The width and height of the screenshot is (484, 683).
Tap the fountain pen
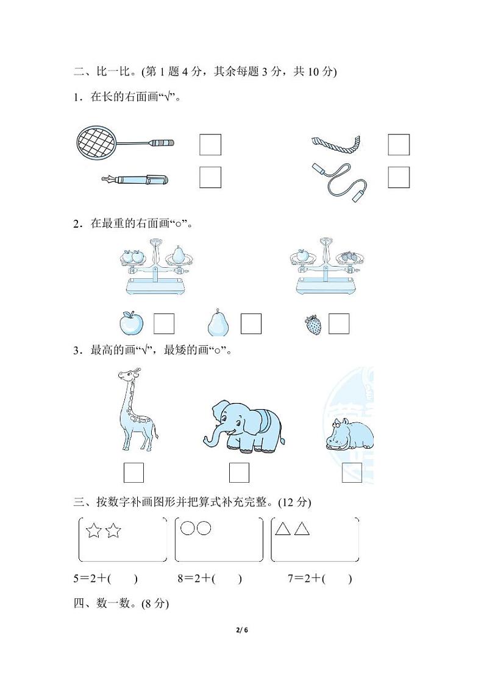pos(135,180)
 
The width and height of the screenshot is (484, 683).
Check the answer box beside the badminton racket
pos(210,145)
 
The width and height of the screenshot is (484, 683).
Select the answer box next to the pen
pos(210,177)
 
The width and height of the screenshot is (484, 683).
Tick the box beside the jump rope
pos(399,177)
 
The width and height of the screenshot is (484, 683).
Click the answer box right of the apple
pos(164,324)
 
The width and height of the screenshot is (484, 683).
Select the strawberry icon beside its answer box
pos(313,325)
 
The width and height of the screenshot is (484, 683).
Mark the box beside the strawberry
pos(339,324)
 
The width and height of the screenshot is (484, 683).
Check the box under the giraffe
pos(133,473)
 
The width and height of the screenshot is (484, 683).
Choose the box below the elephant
pos(239,473)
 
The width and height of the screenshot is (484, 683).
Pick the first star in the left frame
pos(93,531)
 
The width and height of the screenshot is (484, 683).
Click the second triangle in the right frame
pos(302,529)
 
